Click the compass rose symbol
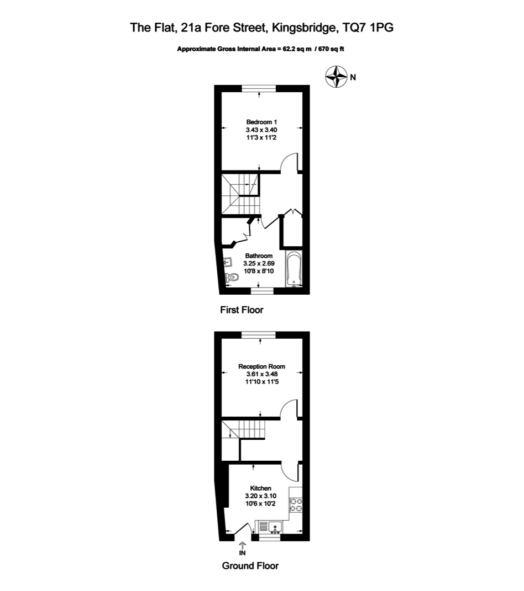coord(336,77)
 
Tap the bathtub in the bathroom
coord(293,269)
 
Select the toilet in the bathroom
coord(232,279)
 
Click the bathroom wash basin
coord(228,263)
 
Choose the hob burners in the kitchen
coord(295,505)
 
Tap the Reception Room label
coord(261,366)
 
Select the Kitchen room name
coord(261,488)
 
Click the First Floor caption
coord(242,310)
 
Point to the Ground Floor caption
coord(250,566)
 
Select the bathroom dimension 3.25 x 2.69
coord(259,264)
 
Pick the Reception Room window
coord(259,334)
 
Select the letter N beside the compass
coord(353,77)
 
